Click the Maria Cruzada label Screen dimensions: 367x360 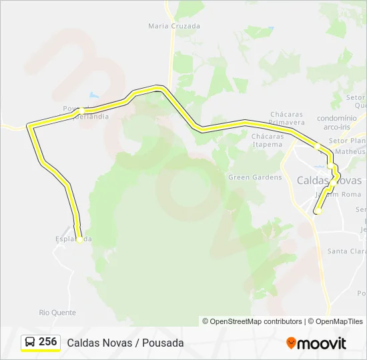pos(174,26)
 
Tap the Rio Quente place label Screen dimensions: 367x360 pos(57,312)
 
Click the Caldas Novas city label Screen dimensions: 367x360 pos(329,181)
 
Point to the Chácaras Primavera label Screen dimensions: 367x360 pos(287,118)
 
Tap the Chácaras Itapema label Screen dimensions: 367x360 pos(268,140)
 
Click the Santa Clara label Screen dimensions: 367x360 pos(346,251)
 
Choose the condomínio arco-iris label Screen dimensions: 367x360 pos(336,121)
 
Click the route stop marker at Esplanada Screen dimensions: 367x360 pos(79,240)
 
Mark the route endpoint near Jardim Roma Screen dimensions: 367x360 pos(318,211)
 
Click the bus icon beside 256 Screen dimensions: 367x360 pos(30,342)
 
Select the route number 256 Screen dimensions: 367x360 pos(48,342)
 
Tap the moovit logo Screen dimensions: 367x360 pos(316,343)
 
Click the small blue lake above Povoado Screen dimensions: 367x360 pos(93,95)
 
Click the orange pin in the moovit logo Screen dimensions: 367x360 pos(291,343)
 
